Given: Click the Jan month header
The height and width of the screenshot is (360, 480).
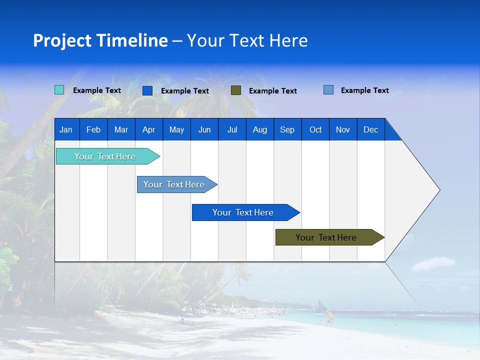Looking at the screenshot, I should tap(66, 129).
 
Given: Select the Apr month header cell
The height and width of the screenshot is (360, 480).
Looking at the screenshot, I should tap(148, 129).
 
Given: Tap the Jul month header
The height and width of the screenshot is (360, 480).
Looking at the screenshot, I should tap(232, 129).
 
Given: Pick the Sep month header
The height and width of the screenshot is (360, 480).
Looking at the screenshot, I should tap(287, 129).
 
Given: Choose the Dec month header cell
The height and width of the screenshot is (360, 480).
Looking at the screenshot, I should tap(370, 129).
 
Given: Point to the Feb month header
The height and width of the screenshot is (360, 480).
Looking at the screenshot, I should tap(93, 129).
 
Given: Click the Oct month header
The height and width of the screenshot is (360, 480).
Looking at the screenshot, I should tap(315, 129).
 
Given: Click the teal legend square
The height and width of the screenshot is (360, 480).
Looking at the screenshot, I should tap(59, 90).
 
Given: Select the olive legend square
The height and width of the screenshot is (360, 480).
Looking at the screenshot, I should tap(236, 90).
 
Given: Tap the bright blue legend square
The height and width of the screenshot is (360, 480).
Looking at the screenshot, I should tap(147, 90).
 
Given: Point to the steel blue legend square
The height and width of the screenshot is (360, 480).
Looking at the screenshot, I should tap(328, 90).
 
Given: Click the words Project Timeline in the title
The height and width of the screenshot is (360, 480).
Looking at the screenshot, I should tap(100, 40).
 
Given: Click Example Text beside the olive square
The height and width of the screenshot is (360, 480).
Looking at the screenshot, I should tap(272, 91).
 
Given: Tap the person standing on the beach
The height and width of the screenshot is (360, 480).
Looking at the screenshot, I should tap(329, 318).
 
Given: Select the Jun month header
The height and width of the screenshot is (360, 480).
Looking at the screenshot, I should tap(204, 129).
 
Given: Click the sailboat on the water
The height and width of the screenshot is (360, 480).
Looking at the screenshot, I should tap(320, 304).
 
